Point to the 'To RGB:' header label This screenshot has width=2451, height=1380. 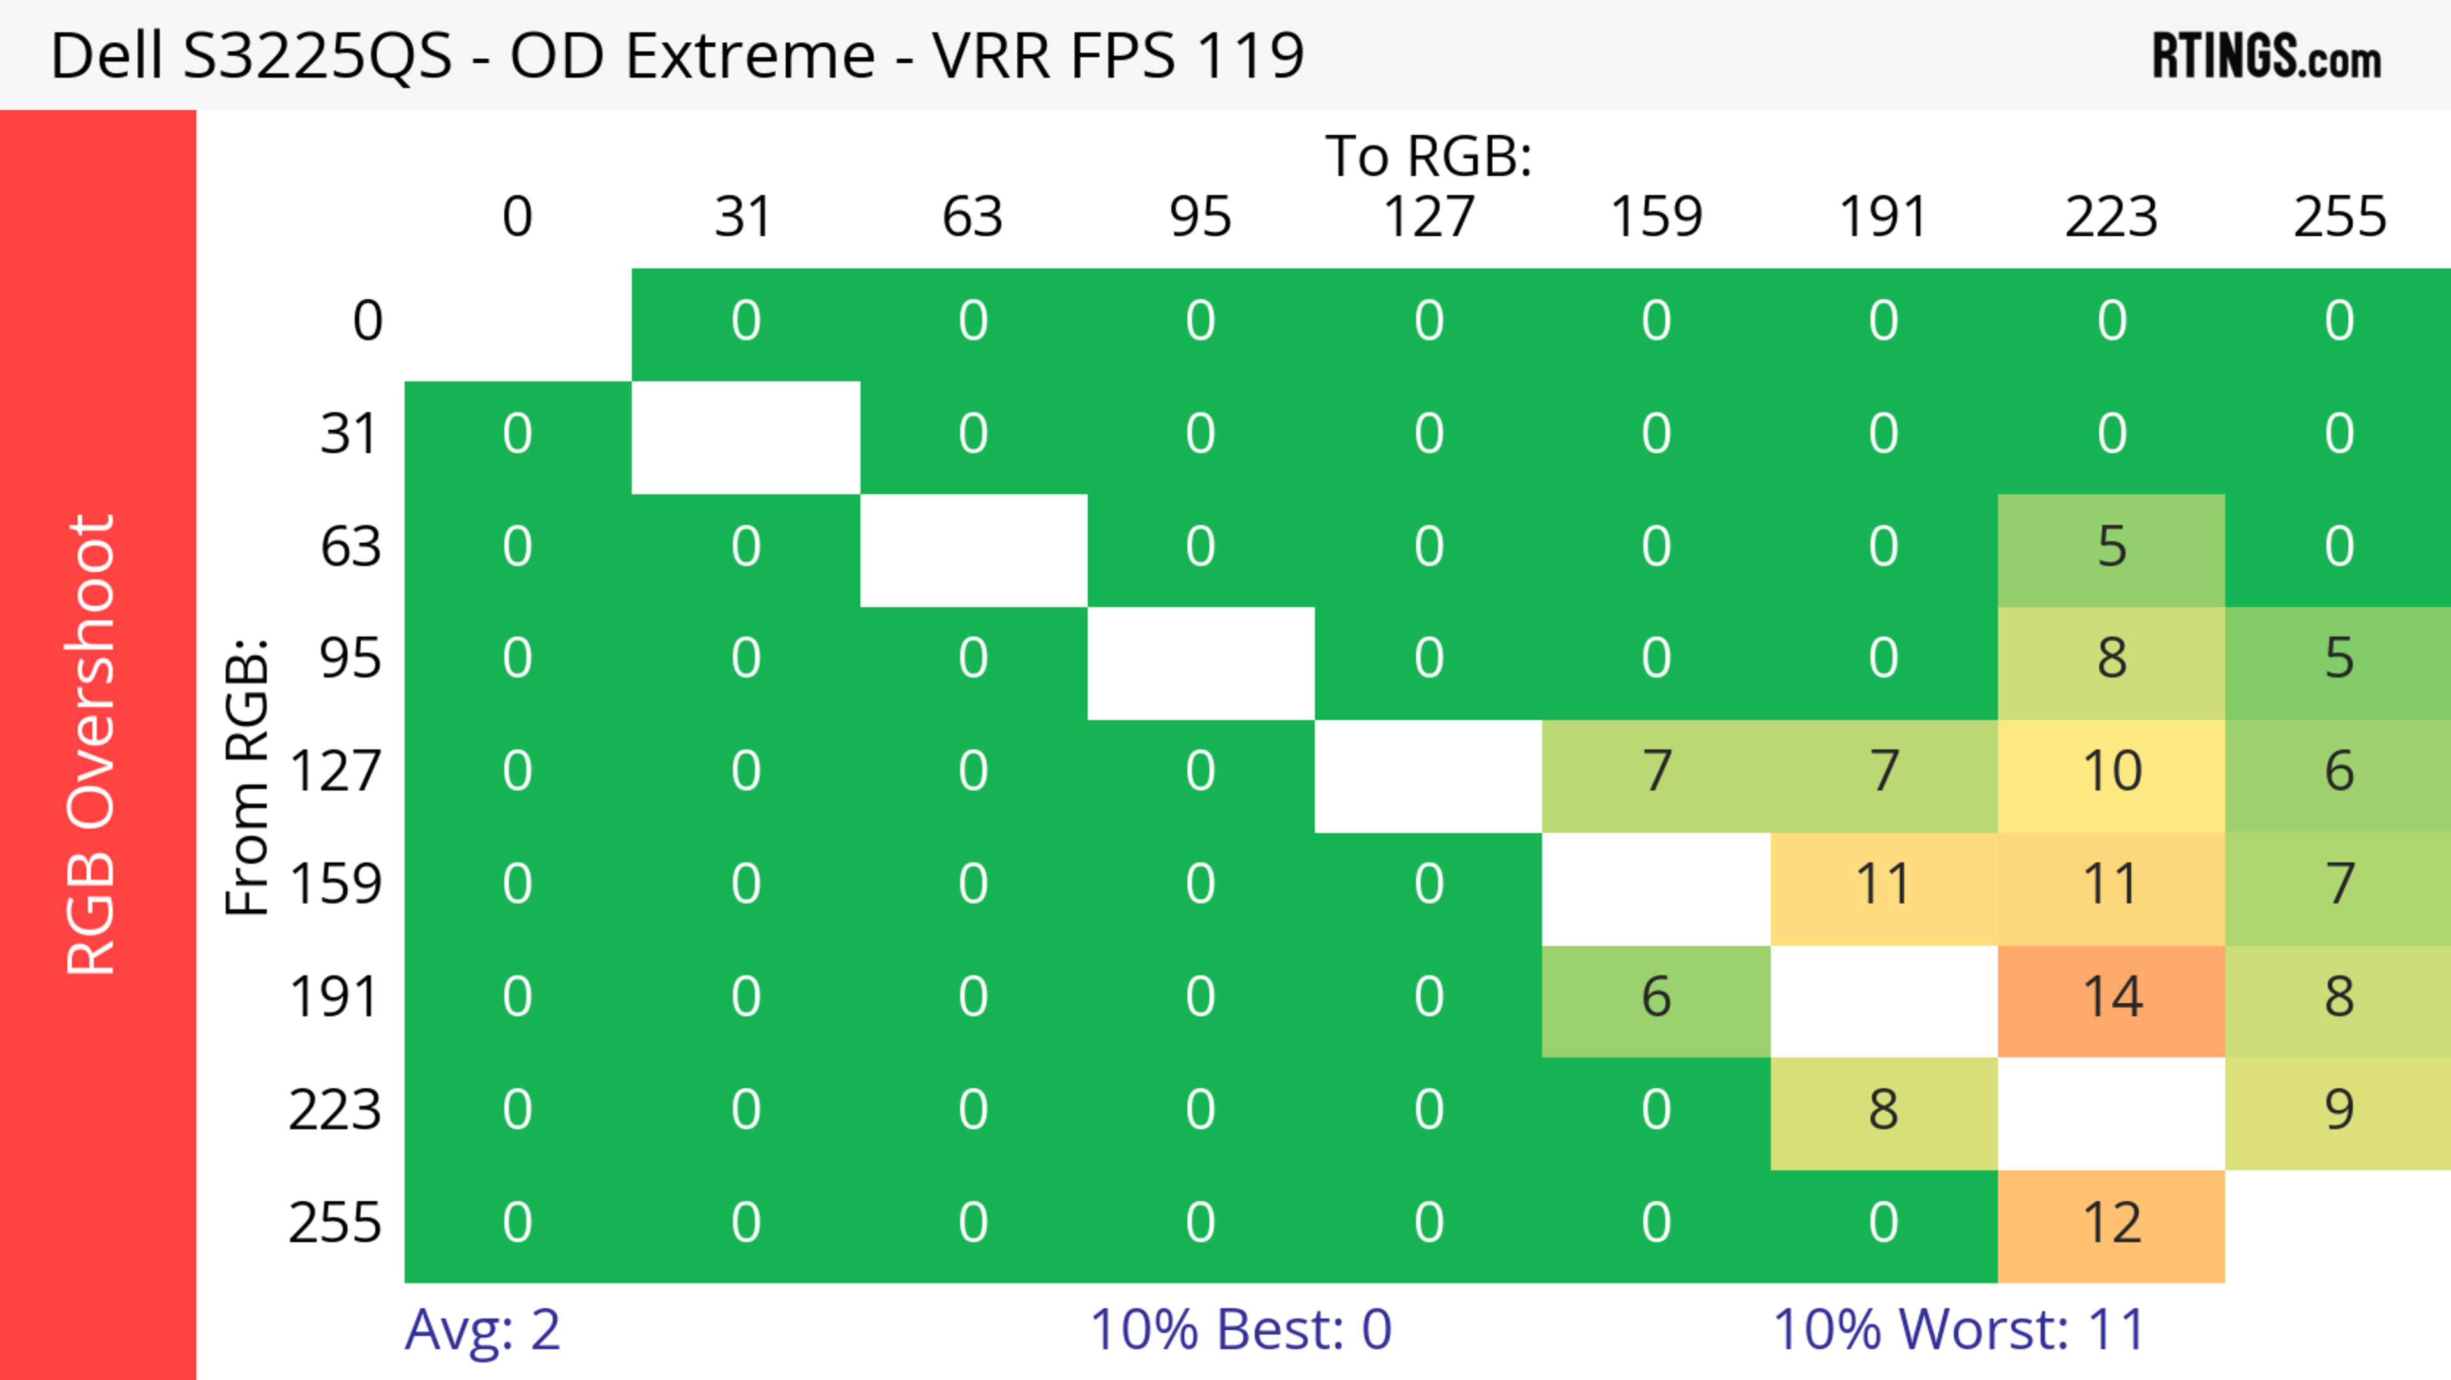tap(1428, 156)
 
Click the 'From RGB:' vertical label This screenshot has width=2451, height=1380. tap(248, 777)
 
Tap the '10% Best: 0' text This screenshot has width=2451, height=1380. tap(1240, 1330)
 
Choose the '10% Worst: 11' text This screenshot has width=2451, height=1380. tap(1958, 1330)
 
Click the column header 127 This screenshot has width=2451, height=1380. tap(1428, 217)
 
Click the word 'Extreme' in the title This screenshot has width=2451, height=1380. tap(750, 55)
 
